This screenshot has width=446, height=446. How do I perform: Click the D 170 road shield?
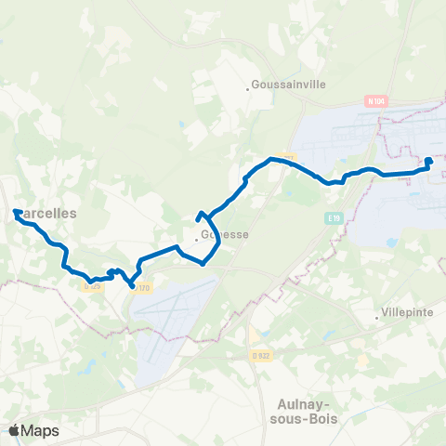coord(142,288)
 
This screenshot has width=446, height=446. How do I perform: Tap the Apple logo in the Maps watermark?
coord(14,430)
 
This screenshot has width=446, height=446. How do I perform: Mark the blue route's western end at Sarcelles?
coord(16,213)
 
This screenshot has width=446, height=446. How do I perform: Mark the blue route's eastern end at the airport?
coord(429,161)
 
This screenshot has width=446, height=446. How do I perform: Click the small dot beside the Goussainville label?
coord(248,89)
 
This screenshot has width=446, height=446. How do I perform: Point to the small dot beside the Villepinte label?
coord(377,317)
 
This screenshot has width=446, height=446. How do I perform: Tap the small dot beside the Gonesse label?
coord(197,238)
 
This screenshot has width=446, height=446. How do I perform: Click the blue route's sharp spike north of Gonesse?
coord(200,215)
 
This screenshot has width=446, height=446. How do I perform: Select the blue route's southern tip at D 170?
coord(131,284)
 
